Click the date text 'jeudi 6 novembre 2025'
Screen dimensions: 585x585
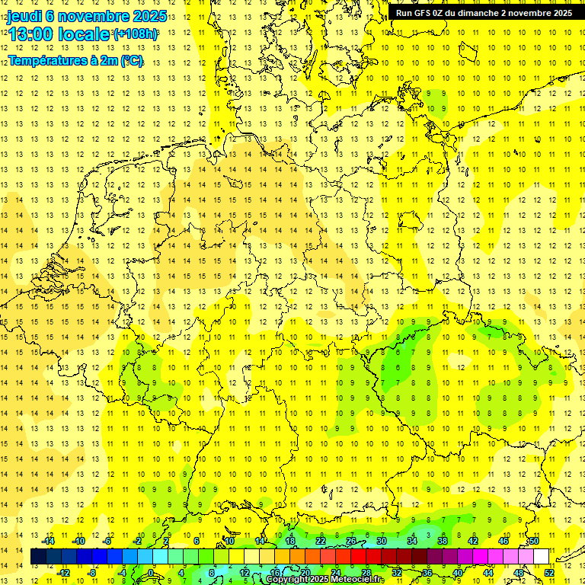87,16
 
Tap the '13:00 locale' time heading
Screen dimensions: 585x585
59,34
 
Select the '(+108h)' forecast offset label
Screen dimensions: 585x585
136,34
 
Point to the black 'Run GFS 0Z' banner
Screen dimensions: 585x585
484,13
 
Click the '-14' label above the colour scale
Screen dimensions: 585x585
49,541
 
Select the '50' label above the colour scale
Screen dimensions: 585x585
534,541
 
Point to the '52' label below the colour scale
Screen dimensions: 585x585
549,572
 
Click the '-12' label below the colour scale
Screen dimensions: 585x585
64,572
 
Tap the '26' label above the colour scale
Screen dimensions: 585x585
351,541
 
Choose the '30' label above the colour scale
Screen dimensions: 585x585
382,541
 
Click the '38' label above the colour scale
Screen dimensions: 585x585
443,541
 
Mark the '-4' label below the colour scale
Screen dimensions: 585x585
123,572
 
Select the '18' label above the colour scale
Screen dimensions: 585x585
290,541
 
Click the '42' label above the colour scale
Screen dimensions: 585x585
473,541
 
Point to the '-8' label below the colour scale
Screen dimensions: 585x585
93,572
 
